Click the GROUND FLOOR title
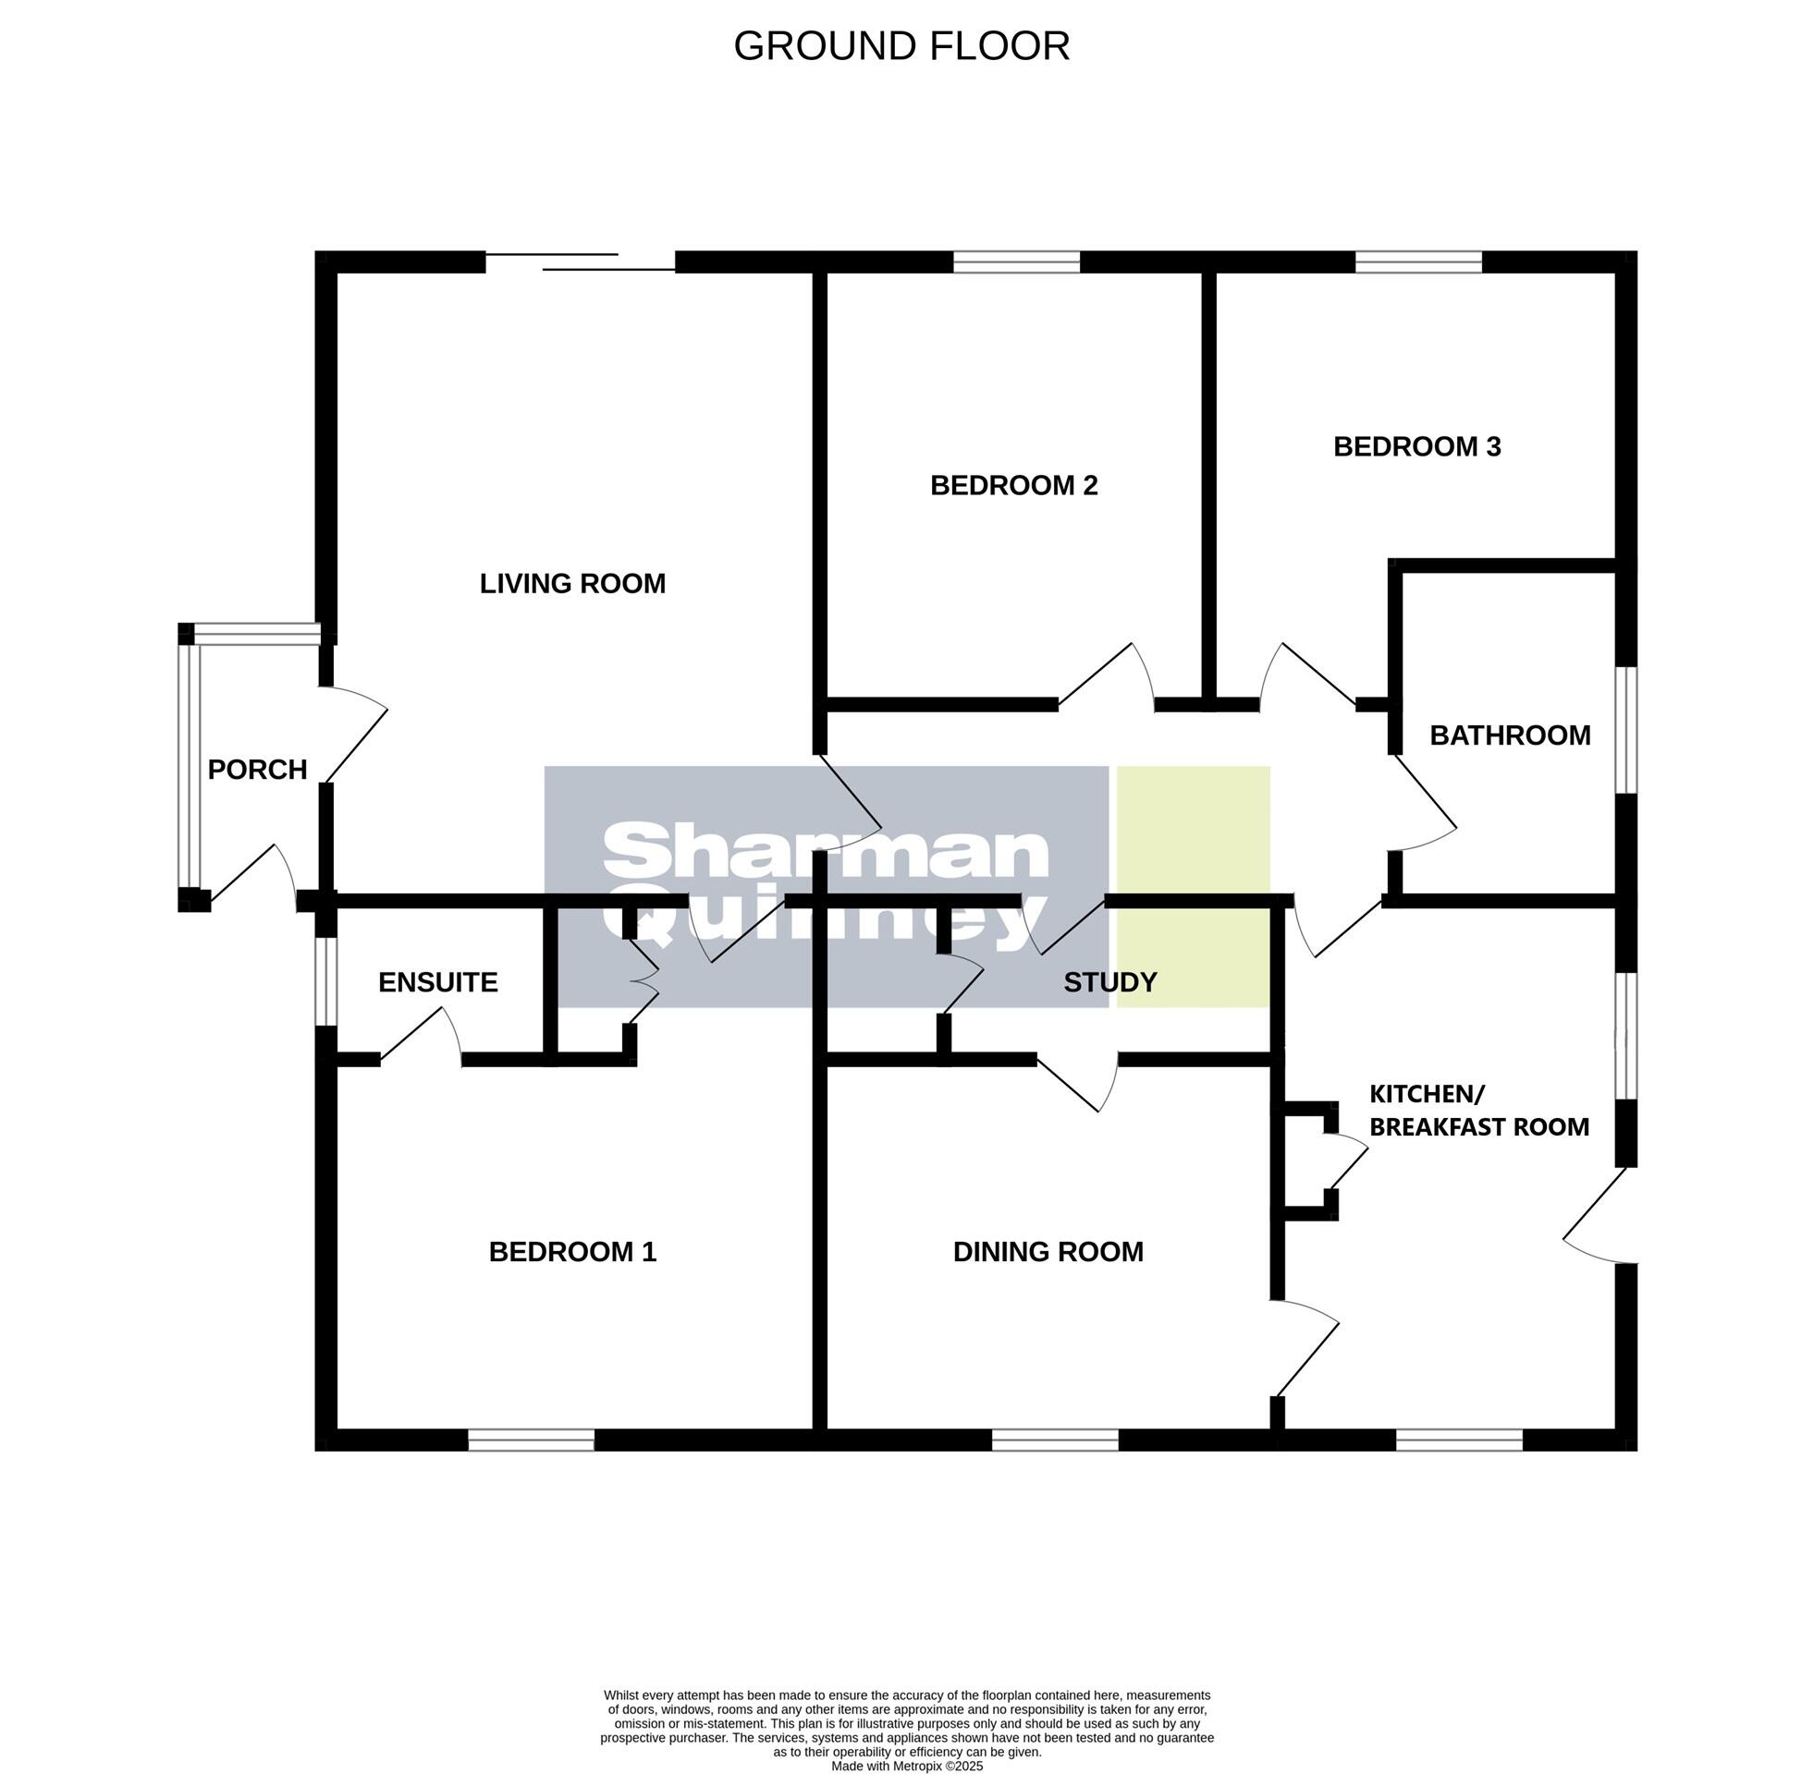pos(901,46)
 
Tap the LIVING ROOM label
pos(572,584)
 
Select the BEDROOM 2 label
pos(1013,485)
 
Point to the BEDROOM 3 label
pos(1416,447)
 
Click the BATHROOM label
pos(1509,735)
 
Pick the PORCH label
pos(256,770)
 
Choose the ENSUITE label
pos(437,982)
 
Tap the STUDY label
pos(1109,982)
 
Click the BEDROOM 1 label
pos(572,1251)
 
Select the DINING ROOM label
pos(1047,1251)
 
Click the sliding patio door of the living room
pos(580,261)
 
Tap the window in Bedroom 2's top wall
pos(1015,261)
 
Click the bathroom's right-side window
pos(1624,730)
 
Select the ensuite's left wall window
pos(325,981)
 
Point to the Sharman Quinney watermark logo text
pos(826,886)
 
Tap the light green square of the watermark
pos(1193,886)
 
